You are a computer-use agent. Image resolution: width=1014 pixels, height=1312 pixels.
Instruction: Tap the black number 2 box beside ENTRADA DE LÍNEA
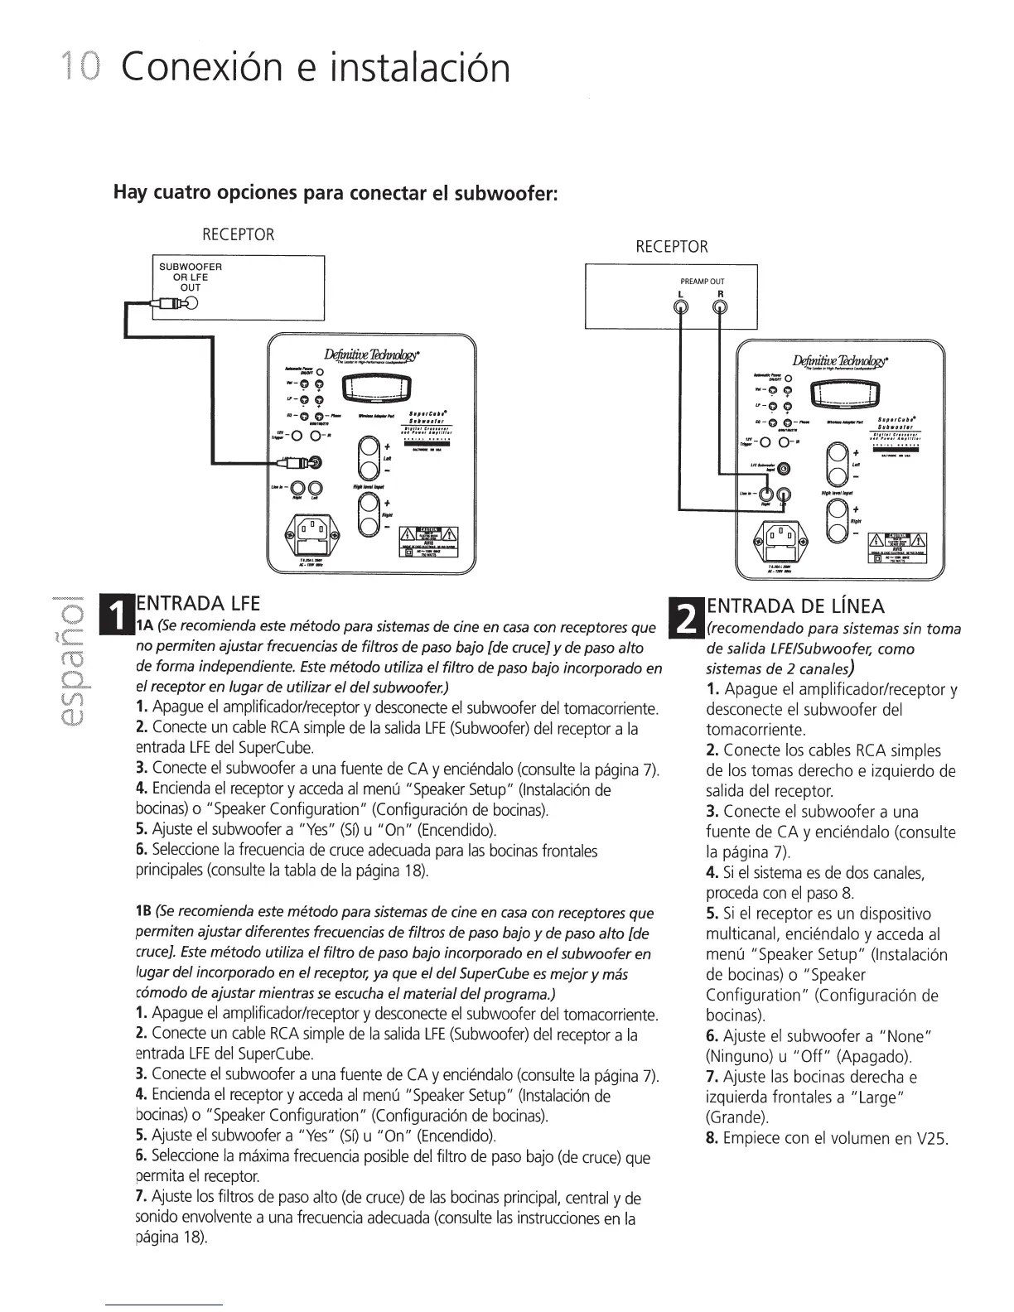coord(688,615)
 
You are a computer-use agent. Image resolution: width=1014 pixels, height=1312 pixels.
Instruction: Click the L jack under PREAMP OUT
coord(681,307)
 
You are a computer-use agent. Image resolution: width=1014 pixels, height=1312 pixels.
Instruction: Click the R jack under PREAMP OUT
coord(720,307)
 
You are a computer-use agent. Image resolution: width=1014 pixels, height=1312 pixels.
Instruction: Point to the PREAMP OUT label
coord(701,282)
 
